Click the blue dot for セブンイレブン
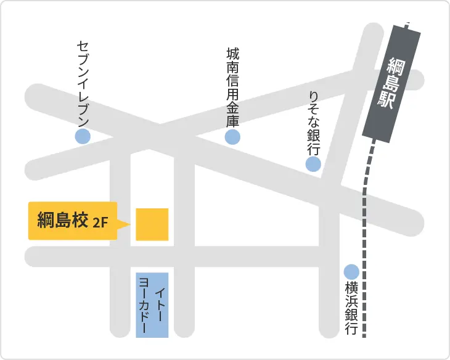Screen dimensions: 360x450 pos(83,137)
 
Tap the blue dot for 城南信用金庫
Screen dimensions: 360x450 pos(232,137)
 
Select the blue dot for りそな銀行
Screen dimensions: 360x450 pos(313,164)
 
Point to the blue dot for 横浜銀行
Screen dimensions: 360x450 pos(351,271)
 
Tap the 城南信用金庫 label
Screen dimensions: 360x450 pos(232,87)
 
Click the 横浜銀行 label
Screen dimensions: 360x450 pos(351,308)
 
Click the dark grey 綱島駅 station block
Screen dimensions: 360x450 pos(391,83)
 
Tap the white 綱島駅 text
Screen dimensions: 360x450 pos(391,83)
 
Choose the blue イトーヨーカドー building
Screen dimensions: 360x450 pos(152,305)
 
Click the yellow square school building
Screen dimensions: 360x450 pos(152,224)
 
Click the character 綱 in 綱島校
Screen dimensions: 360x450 pos(46,220)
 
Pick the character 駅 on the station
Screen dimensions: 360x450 pos(387,100)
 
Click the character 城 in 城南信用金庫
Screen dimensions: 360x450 pos(232,55)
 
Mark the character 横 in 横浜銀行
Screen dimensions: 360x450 pos(351,287)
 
